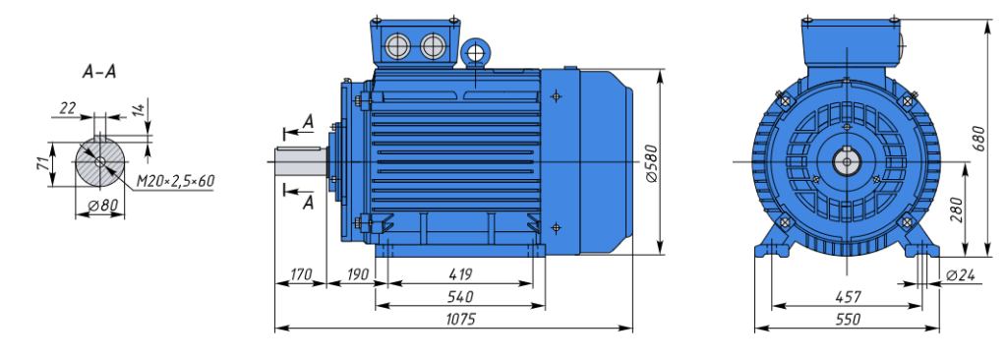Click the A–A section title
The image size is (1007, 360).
[x=99, y=72]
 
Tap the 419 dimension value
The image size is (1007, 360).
[x=460, y=274]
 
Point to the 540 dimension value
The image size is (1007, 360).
[x=460, y=296]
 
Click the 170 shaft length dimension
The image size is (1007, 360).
[x=299, y=274]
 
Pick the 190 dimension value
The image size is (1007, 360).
[x=357, y=274]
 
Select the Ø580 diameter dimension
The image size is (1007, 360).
[x=650, y=162]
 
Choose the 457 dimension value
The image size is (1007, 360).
[x=848, y=296]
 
